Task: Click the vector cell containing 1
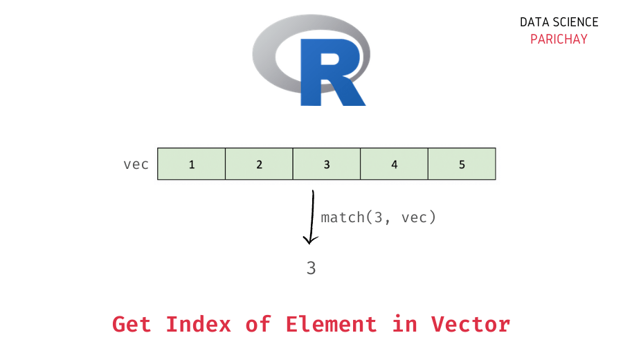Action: tap(192, 164)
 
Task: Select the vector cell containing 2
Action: tap(259, 164)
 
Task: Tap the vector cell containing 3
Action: tap(327, 164)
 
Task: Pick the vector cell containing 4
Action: tap(394, 164)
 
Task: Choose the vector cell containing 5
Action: tap(462, 164)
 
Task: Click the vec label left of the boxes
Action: tap(136, 165)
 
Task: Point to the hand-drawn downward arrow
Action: tap(311, 218)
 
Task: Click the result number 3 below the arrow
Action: tap(311, 269)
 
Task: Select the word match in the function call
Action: tap(342, 217)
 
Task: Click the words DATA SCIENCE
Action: tap(559, 22)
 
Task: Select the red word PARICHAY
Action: tap(559, 39)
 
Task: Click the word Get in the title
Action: tap(132, 324)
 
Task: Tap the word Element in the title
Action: tap(331, 324)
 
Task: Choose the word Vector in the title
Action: tap(471, 324)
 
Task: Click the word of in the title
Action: tap(258, 324)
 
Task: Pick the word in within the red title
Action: tap(404, 324)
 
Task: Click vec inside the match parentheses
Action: tap(413, 217)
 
